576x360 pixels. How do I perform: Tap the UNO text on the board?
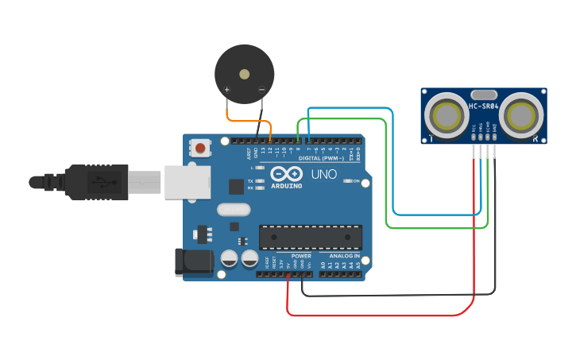click(323, 174)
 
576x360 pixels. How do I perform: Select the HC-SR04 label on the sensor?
click(483, 106)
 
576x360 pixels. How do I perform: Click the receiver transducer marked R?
click(524, 116)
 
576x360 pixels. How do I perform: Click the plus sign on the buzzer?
click(227, 90)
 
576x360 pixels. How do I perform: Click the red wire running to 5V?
click(381, 315)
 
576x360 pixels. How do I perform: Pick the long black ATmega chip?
click(310, 237)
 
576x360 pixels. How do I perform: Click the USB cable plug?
click(95, 182)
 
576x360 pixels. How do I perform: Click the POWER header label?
click(301, 256)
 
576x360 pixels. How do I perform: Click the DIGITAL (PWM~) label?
click(321, 158)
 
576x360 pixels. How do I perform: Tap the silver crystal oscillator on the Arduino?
click(233, 210)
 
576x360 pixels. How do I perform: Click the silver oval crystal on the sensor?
click(483, 95)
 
